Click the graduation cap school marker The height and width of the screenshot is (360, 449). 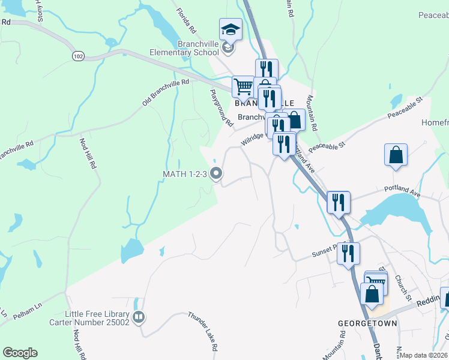pos(230,29)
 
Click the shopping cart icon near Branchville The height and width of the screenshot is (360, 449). pos(243,86)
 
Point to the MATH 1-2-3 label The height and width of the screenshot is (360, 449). pos(184,174)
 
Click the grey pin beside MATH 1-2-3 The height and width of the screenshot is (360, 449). pos(217,174)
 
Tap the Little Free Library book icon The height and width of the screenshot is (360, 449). pos(139,316)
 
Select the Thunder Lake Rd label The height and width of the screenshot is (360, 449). pos(202,331)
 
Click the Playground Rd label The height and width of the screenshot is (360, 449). pos(221,108)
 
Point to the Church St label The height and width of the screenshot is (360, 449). pos(402,288)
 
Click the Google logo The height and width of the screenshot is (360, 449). pos(20,353)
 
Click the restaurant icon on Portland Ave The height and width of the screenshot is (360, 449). pos(338,202)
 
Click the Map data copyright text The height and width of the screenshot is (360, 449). pos(424,355)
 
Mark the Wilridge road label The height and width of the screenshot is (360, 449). pos(253,139)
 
